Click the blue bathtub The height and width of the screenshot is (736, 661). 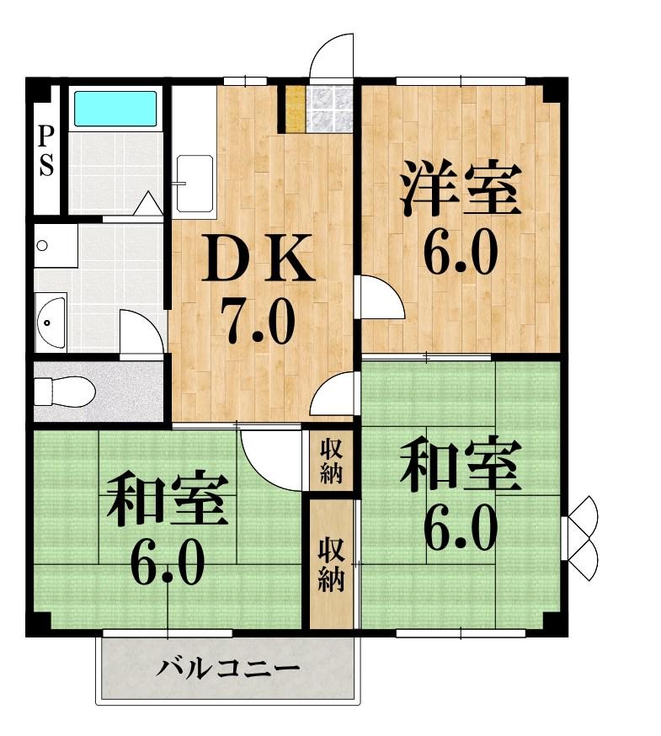(x=115, y=109)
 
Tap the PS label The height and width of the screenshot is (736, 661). (x=45, y=152)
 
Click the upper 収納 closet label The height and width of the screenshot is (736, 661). (x=330, y=461)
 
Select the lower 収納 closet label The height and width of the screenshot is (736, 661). (x=330, y=564)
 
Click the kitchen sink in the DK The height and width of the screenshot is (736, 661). (x=194, y=182)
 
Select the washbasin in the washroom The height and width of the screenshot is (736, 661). (x=51, y=320)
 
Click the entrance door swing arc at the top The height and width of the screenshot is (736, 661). (x=332, y=56)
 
